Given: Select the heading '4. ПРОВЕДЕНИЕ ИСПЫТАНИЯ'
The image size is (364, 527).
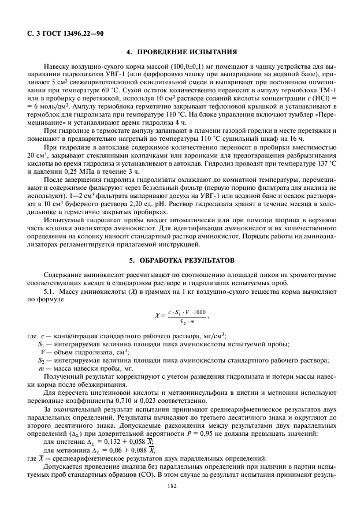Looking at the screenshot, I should tap(182, 51).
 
